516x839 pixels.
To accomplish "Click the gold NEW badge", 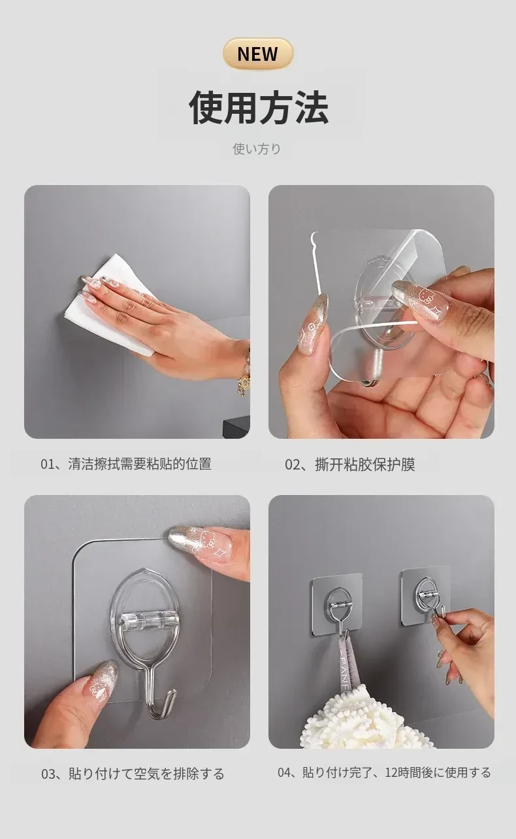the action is (x=258, y=54).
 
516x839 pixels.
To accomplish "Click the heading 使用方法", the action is (x=259, y=107).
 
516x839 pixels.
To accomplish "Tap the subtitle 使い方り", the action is (x=257, y=148).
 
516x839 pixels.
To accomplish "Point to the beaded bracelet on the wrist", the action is (x=244, y=371).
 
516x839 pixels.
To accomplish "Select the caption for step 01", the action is (x=126, y=464).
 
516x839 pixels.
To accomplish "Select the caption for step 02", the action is (x=350, y=464).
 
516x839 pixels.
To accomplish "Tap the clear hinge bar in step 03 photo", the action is (x=145, y=621).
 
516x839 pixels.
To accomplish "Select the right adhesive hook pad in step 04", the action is (x=427, y=595).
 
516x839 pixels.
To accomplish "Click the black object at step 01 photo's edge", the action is (x=236, y=428).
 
